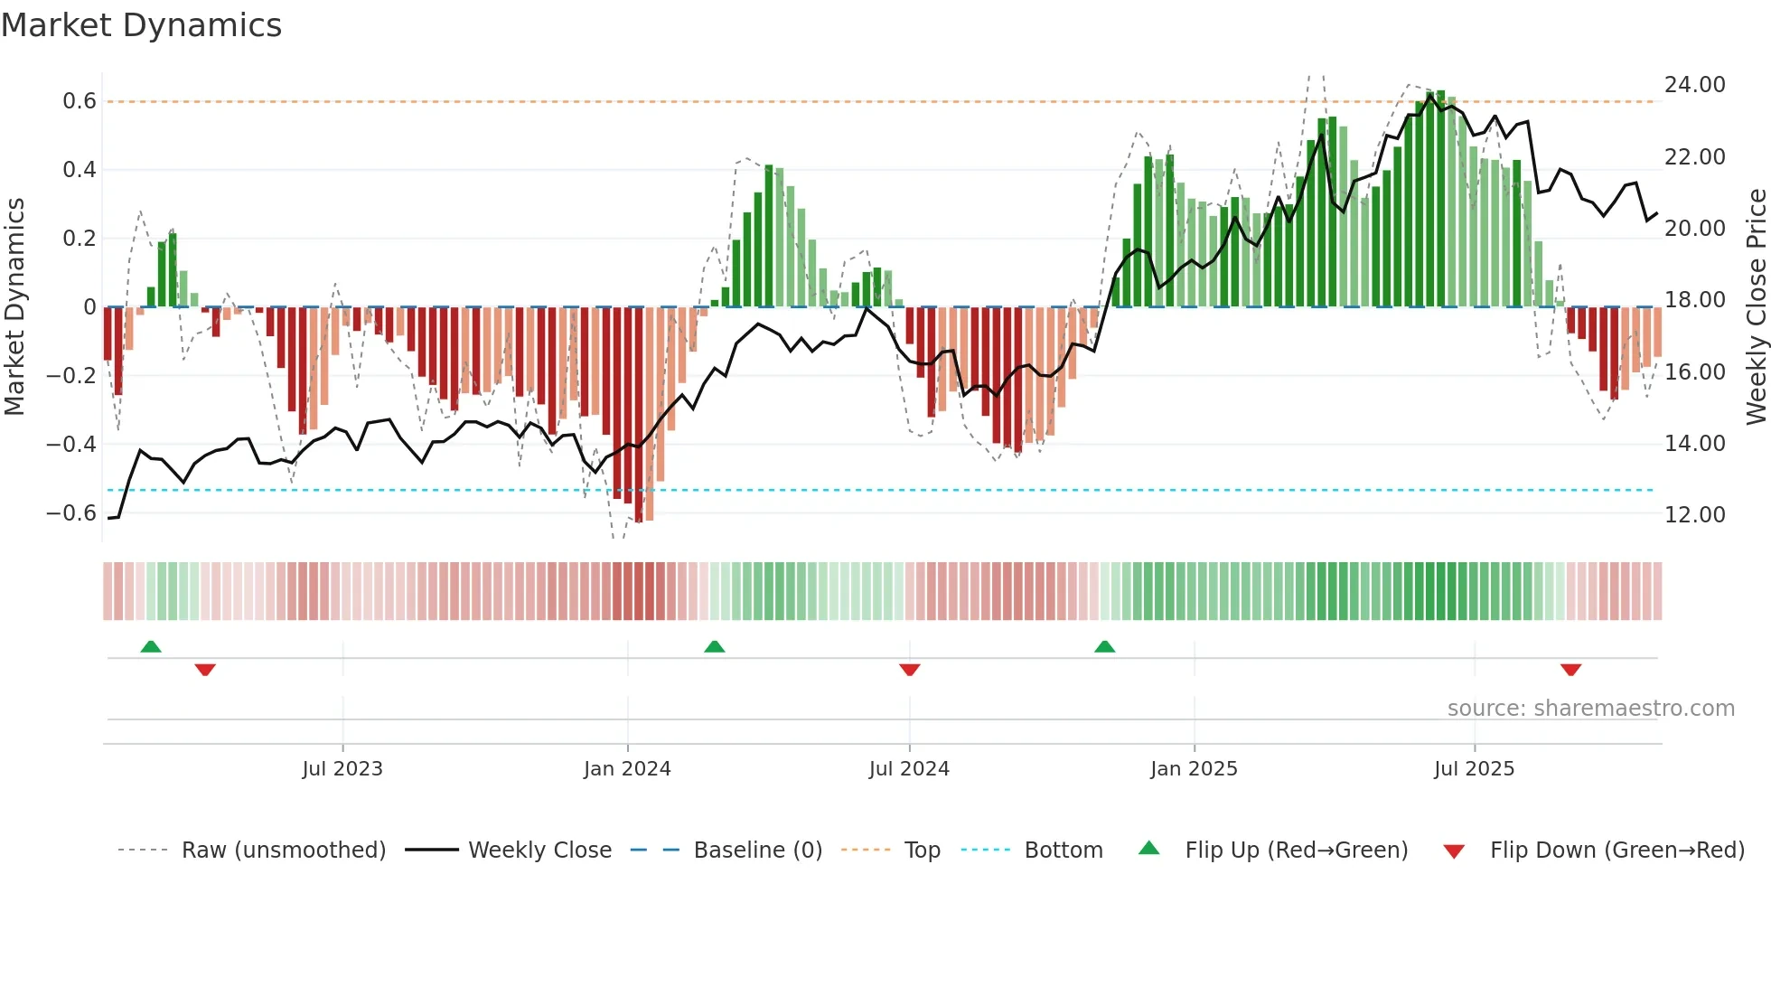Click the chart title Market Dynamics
click(141, 25)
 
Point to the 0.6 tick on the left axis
click(80, 101)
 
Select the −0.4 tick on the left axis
click(71, 444)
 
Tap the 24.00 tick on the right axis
click(1694, 85)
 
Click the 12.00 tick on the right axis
click(1694, 515)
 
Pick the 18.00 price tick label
click(1694, 300)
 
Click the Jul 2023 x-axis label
click(342, 769)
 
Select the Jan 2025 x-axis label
click(1194, 769)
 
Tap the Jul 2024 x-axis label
click(909, 769)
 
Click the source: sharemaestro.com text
click(1590, 709)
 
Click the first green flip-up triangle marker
click(151, 647)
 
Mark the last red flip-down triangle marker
click(1570, 670)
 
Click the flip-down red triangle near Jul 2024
click(910, 670)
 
